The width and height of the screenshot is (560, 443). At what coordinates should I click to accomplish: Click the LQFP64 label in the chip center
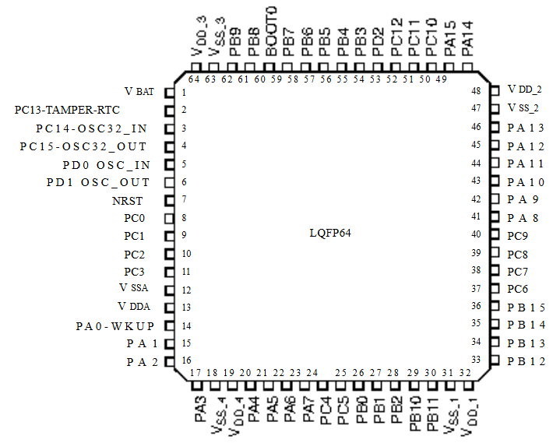pyautogui.click(x=330, y=233)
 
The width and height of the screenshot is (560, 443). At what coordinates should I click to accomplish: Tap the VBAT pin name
pyautogui.click(x=139, y=92)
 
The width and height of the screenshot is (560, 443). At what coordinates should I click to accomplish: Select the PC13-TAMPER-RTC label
pyautogui.click(x=67, y=110)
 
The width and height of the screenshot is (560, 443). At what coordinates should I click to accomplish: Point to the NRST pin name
pyautogui.click(x=127, y=201)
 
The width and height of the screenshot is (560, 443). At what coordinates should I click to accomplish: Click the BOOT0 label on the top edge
pyautogui.click(x=271, y=31)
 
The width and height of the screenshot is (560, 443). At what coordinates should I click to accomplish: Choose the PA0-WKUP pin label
pyautogui.click(x=115, y=326)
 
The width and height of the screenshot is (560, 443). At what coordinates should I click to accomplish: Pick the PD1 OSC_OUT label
pyautogui.click(x=98, y=183)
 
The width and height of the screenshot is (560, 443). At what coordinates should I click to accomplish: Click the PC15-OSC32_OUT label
pyautogui.click(x=83, y=146)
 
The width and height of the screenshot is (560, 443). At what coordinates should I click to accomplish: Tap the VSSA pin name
pyautogui.click(x=133, y=288)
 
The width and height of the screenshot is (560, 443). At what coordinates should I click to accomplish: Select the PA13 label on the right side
pyautogui.click(x=526, y=128)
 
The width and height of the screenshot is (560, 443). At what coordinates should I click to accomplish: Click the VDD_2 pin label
pyautogui.click(x=525, y=90)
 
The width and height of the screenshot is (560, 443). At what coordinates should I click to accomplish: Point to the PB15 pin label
pyautogui.click(x=526, y=308)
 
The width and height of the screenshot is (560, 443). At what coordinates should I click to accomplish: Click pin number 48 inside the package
pyautogui.click(x=476, y=91)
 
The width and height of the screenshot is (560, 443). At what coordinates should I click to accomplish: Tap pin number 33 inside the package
pyautogui.click(x=476, y=360)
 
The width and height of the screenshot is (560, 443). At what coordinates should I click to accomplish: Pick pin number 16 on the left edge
pyautogui.click(x=186, y=360)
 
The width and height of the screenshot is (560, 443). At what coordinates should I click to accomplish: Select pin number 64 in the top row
pyautogui.click(x=194, y=79)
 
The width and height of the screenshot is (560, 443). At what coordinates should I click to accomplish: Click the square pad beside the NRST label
pyautogui.click(x=169, y=201)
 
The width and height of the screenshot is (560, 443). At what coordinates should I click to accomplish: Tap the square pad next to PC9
pyautogui.click(x=495, y=234)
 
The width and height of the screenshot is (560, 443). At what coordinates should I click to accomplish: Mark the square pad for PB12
pyautogui.click(x=495, y=360)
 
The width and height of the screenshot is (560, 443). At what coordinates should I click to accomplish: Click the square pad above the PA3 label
pyautogui.click(x=197, y=385)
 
